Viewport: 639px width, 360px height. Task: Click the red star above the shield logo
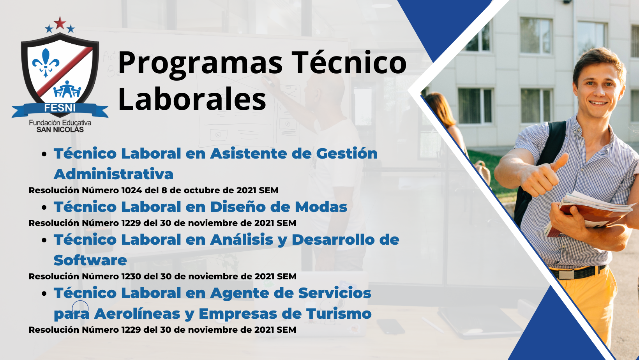point(60,23)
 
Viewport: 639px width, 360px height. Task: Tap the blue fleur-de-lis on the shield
point(46,63)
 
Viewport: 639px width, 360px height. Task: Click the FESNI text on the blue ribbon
point(60,108)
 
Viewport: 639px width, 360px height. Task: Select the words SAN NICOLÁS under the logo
point(60,130)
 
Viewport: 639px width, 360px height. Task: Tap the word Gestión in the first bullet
point(347,154)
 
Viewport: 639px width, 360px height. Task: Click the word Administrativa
point(113,174)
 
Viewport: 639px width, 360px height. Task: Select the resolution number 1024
point(132,190)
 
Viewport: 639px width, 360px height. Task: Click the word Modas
point(321,207)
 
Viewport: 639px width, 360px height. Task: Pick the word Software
point(90,260)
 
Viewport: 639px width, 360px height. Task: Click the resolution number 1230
point(131,276)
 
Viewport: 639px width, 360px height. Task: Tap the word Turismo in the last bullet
point(339,314)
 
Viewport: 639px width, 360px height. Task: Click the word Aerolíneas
point(137,314)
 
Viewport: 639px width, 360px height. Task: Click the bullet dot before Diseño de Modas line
point(44,207)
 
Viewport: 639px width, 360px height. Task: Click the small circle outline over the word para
point(80,309)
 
